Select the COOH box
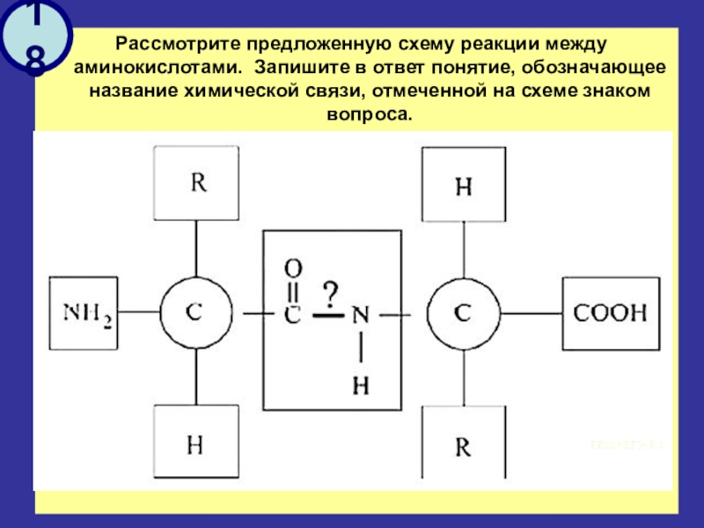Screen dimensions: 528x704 click(x=610, y=312)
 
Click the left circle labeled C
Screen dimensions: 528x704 click(x=195, y=312)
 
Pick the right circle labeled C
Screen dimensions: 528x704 click(x=463, y=312)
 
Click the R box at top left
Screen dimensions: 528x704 click(x=196, y=184)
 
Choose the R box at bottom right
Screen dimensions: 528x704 click(x=463, y=446)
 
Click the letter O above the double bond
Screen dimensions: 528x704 click(x=294, y=266)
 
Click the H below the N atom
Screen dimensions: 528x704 click(x=359, y=384)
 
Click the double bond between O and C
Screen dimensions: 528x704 click(x=294, y=289)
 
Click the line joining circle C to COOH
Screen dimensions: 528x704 click(x=531, y=312)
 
